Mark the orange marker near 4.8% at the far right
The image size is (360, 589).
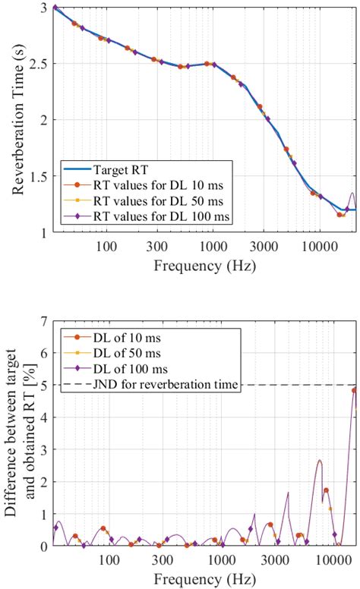(x=354, y=390)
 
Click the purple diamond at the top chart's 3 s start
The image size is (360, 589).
(x=55, y=8)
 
